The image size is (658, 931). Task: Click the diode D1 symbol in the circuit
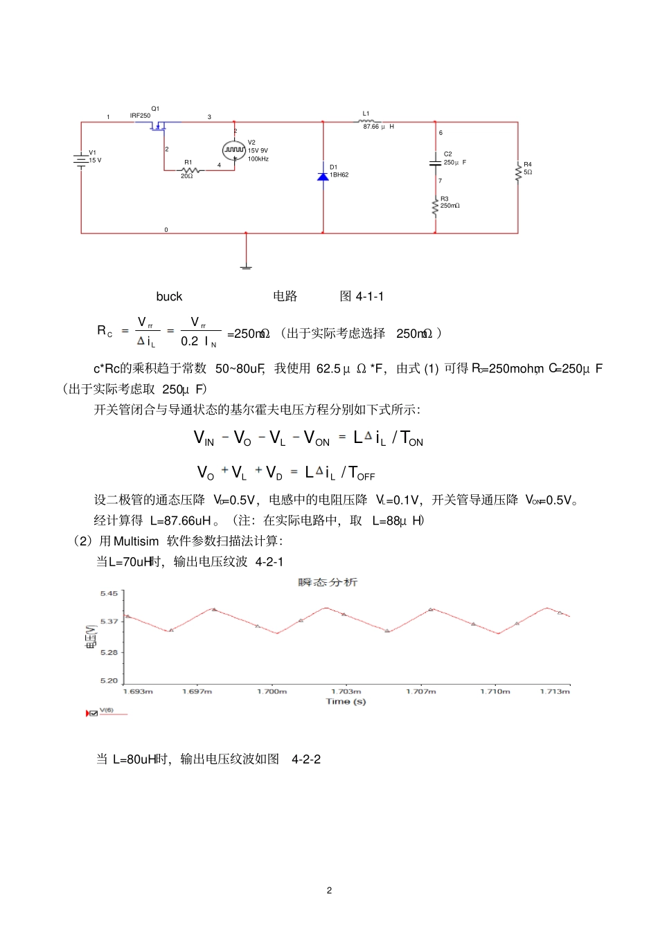coord(323,176)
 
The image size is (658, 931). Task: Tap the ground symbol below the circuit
coord(246,266)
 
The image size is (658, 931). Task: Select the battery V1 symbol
coord(81,159)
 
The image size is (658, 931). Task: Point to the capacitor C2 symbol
coord(435,163)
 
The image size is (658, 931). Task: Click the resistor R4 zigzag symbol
coord(518,172)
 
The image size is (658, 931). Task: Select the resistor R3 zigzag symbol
coord(435,206)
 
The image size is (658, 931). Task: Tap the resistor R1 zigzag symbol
coord(188,170)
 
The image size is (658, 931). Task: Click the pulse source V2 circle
coord(234,150)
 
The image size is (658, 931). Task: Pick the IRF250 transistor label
coord(140,116)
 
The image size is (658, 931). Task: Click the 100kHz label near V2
coord(258,159)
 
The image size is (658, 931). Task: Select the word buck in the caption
coord(169,297)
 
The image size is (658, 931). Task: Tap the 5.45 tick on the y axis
coord(109,594)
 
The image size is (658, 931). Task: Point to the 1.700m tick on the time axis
coord(272,692)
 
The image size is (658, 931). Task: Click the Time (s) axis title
coord(346,702)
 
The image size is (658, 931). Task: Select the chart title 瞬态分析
coord(328,582)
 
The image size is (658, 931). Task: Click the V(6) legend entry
coord(107,710)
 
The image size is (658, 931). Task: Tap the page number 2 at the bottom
coord(329,890)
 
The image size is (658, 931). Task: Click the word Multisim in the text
coord(136,541)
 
